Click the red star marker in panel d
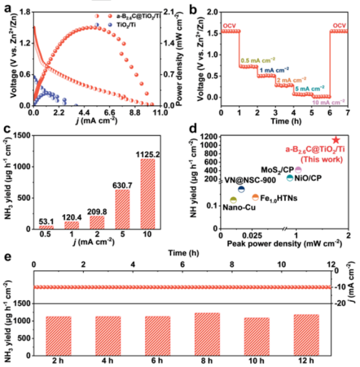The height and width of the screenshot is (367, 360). [336, 139]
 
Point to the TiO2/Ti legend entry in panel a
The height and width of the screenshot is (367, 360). [126, 25]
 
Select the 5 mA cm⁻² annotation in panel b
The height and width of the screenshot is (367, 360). [308, 88]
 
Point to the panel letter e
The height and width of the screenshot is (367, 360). [7, 257]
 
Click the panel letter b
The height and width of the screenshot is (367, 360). [191, 8]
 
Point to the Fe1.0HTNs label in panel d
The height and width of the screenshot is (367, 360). [279, 198]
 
